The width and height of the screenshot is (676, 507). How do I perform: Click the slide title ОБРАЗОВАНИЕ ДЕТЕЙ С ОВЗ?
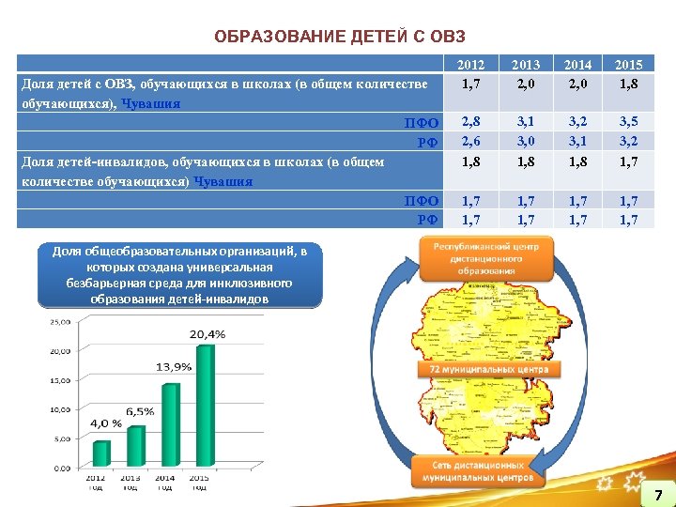coord(339,37)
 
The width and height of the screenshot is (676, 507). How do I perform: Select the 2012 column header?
coord(470,65)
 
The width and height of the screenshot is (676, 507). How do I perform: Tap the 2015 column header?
coord(628,65)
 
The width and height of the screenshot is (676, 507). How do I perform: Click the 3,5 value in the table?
coord(628,121)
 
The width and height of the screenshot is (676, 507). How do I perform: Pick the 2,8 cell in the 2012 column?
coord(470,121)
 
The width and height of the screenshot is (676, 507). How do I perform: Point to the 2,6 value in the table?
coord(470,141)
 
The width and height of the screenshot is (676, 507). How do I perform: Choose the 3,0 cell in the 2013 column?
coord(526,141)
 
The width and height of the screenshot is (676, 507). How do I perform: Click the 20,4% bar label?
coord(207,333)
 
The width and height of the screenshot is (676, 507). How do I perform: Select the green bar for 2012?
coord(100,453)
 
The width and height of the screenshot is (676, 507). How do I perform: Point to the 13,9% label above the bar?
coord(174,366)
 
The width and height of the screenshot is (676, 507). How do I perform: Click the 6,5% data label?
coord(140,411)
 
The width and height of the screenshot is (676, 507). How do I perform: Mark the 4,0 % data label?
coord(106,422)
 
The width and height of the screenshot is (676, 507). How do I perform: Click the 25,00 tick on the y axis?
coord(59,321)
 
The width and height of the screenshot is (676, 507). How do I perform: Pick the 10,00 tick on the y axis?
coord(59,409)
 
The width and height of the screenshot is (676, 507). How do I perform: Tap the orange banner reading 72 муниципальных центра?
coord(488,369)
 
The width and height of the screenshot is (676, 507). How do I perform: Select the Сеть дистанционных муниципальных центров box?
coord(479,471)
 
